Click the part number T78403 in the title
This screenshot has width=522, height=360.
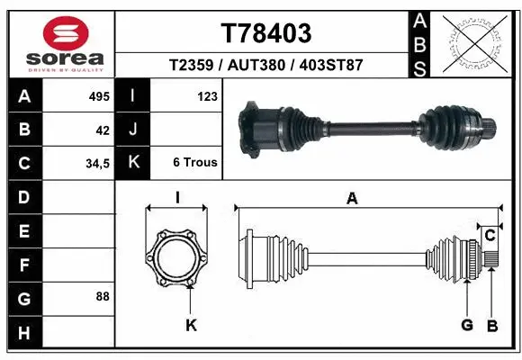click(266, 33)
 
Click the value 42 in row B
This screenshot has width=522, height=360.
click(103, 130)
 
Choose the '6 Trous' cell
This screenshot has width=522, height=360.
click(194, 163)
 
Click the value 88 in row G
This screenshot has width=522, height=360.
click(102, 296)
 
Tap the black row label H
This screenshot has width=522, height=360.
click(23, 332)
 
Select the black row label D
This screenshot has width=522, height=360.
click(23, 197)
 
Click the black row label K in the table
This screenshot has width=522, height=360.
click(133, 163)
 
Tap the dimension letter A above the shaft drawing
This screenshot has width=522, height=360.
click(352, 200)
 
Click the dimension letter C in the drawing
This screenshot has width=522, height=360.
click(490, 236)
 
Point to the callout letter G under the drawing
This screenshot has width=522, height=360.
click(468, 325)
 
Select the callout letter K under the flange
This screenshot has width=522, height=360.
click(191, 325)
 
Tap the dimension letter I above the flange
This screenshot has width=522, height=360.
click(177, 199)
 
